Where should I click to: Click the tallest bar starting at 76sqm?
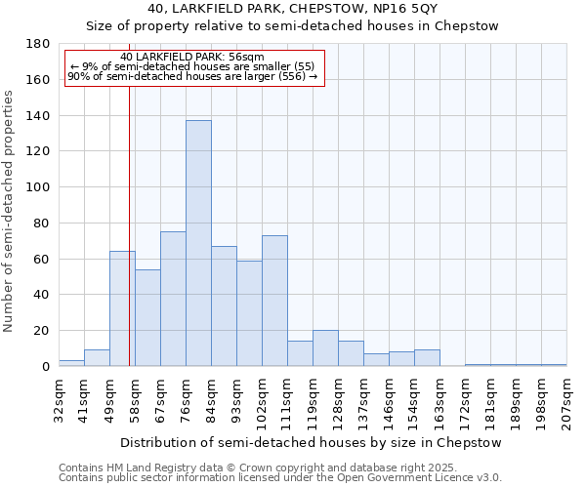click(198, 243)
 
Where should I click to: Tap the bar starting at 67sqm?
click(173, 299)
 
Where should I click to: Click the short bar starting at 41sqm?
click(97, 358)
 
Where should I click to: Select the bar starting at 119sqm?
click(325, 348)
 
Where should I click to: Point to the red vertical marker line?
click(129, 244)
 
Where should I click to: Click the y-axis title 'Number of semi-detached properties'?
click(10, 211)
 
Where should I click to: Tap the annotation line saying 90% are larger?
click(192, 76)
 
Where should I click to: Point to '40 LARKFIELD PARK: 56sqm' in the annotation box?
click(192, 57)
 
